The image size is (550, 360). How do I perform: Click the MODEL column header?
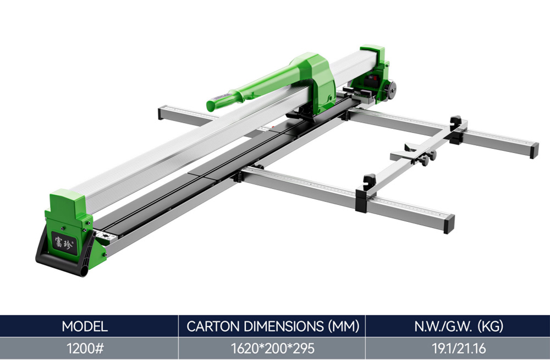click(x=85, y=326)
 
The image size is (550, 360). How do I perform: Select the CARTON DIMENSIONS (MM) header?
click(x=273, y=326)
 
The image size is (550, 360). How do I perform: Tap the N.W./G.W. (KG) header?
click(x=459, y=326)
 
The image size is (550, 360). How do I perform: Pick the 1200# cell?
click(x=85, y=348)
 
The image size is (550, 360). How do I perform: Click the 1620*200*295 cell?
click(x=273, y=348)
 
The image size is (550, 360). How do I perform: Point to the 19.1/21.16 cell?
click(x=459, y=348)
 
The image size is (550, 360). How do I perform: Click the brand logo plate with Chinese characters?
click(x=64, y=243)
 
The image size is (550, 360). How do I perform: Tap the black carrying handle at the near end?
click(x=65, y=257)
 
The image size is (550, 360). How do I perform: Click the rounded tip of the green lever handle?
click(x=212, y=105)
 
